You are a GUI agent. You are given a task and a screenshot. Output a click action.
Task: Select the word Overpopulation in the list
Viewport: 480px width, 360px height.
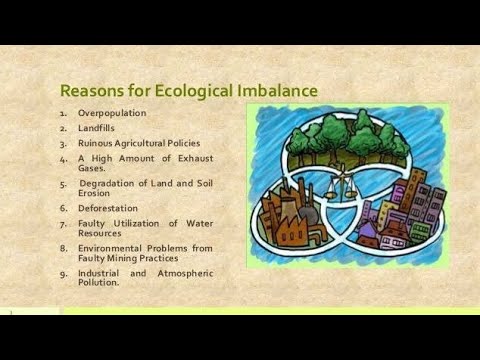click(x=112, y=113)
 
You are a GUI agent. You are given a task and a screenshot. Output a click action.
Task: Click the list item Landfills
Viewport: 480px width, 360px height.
click(x=97, y=128)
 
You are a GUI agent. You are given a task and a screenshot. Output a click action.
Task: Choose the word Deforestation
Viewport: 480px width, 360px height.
click(x=108, y=208)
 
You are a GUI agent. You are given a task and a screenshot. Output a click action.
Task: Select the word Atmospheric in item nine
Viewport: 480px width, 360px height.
click(x=185, y=272)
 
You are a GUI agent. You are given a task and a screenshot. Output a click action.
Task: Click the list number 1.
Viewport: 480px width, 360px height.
click(x=63, y=113)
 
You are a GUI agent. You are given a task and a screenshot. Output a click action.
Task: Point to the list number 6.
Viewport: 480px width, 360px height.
click(x=63, y=208)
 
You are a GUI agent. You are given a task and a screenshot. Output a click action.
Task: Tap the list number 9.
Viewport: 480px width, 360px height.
click(x=63, y=272)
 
